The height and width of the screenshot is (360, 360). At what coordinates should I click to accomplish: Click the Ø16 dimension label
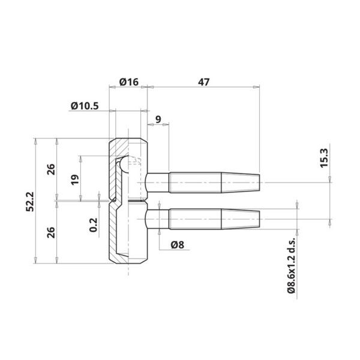pyautogui.click(x=129, y=82)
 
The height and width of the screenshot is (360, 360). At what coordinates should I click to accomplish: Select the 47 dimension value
pyautogui.click(x=203, y=82)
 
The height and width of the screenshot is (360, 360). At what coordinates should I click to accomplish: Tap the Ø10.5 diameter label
pyautogui.click(x=85, y=106)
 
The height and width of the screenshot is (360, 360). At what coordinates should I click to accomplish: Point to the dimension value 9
pyautogui.click(x=158, y=119)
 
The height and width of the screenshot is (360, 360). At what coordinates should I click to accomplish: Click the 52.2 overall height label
pyautogui.click(x=30, y=202)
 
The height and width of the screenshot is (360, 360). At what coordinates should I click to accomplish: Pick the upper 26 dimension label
pyautogui.click(x=51, y=169)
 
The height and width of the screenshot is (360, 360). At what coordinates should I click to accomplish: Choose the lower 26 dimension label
pyautogui.click(x=51, y=232)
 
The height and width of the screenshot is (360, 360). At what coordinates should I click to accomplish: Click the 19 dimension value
pyautogui.click(x=75, y=179)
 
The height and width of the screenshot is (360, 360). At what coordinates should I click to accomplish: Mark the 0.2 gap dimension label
pyautogui.click(x=94, y=225)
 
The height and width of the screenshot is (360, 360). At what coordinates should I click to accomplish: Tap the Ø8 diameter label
pyautogui.click(x=178, y=245)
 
